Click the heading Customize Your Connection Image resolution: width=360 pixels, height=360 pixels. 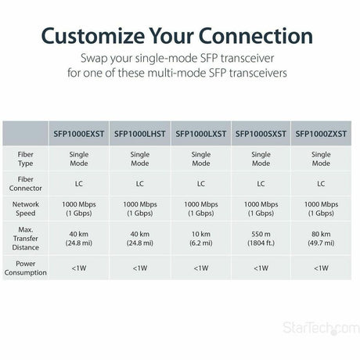[180, 36]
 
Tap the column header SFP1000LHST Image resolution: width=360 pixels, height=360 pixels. [139, 133]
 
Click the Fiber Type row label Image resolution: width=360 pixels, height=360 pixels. [25, 160]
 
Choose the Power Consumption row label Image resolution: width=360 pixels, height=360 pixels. [25, 268]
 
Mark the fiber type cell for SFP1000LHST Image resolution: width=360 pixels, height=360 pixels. [139, 160]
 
